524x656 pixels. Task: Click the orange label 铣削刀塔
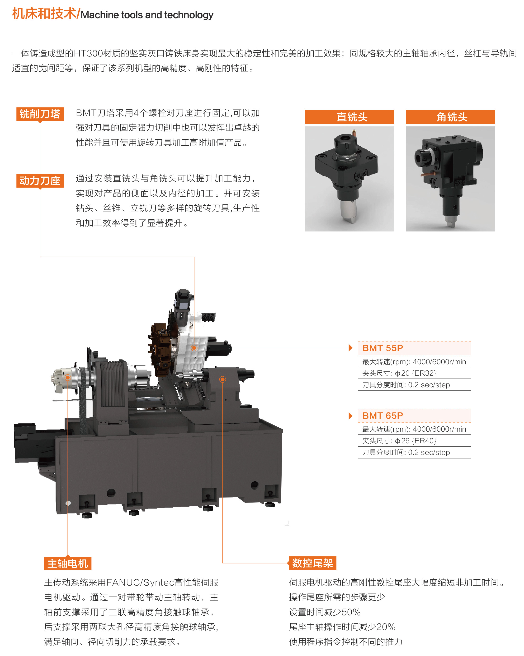click(40, 114)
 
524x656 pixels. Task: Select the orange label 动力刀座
click(40, 180)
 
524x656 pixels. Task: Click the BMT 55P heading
click(383, 348)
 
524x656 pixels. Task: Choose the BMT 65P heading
click(383, 415)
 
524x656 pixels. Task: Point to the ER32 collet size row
click(399, 373)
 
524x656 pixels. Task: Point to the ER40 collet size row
click(399, 441)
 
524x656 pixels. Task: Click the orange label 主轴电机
click(68, 564)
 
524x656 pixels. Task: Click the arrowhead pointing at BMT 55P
click(350, 348)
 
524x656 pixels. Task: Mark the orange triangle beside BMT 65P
click(350, 416)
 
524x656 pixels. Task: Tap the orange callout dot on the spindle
click(68, 377)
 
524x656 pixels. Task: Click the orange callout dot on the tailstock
click(223, 379)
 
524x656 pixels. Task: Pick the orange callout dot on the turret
click(194, 348)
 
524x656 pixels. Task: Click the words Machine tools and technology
click(147, 15)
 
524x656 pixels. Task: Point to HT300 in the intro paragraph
click(88, 54)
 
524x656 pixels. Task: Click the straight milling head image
click(349, 179)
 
